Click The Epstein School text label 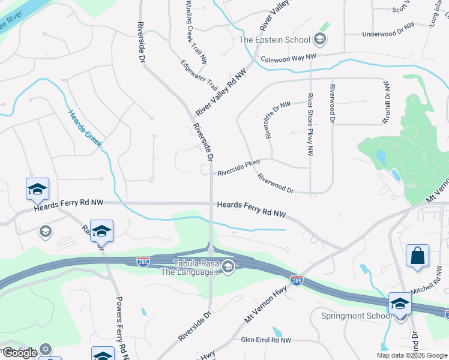pos(274,40)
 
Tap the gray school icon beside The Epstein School pos(320,40)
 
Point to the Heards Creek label pos(85,128)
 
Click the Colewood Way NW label pos(288,59)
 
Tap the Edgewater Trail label pos(199,74)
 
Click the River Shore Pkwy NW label pos(310,125)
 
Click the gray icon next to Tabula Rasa pos(228,266)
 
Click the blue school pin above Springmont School pos(400,304)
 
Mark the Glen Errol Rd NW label pos(265,340)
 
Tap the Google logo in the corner pos(20,353)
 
